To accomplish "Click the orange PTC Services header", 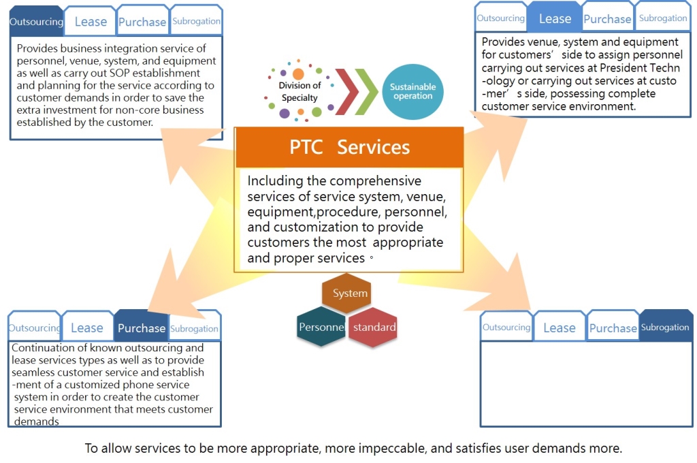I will (349, 147).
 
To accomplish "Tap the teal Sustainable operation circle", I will (412, 92).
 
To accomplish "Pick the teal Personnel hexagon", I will (321, 328).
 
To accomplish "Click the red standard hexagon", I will (373, 328).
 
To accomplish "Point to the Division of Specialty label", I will (299, 92).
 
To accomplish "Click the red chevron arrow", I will (346, 92).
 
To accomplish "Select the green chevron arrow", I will (368, 92).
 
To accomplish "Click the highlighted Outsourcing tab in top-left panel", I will (36, 21).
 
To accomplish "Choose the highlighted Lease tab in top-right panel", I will (555, 19).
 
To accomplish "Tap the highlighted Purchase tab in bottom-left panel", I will (141, 328).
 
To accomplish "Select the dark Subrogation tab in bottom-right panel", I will (665, 328).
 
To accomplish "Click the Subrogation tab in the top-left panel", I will (196, 21).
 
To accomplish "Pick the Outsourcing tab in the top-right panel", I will (500, 18).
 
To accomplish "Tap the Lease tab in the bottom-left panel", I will (87, 328).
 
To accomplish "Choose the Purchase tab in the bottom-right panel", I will (613, 328).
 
